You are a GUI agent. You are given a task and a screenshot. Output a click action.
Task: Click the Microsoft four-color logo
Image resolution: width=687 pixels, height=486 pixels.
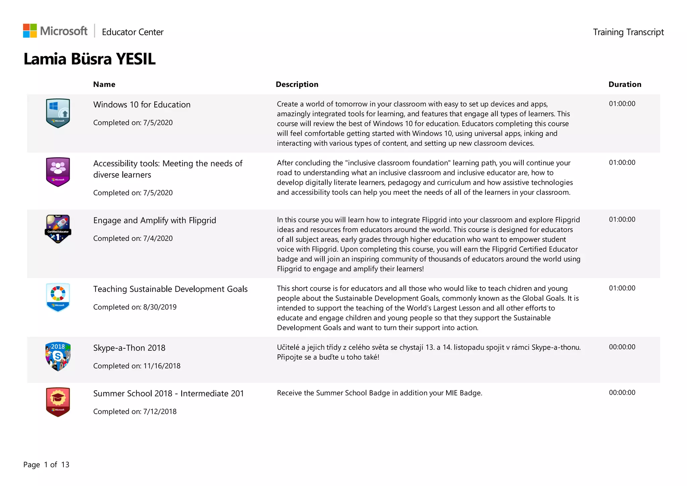click(30, 31)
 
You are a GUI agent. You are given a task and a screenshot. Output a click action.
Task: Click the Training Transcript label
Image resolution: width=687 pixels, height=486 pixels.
click(628, 32)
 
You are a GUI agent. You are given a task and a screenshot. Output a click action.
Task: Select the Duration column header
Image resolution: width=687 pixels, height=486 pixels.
click(625, 84)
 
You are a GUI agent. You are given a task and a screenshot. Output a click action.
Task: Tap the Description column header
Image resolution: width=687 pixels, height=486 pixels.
click(297, 84)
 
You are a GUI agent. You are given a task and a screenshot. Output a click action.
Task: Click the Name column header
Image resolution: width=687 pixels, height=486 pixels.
click(104, 84)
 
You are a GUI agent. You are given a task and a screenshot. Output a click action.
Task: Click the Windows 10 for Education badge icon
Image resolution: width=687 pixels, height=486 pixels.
click(58, 113)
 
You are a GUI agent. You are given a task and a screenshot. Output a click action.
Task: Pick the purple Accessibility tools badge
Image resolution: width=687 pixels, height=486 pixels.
click(58, 172)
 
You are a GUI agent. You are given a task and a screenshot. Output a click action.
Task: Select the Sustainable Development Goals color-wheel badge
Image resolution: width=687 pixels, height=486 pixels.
click(58, 297)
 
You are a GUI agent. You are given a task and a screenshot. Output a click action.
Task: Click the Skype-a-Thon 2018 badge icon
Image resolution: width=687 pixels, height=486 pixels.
click(58, 356)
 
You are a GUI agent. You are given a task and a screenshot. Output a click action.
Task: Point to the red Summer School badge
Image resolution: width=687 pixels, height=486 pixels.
click(58, 402)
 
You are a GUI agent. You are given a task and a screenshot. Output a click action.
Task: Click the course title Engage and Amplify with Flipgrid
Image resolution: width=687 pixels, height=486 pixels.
click(155, 220)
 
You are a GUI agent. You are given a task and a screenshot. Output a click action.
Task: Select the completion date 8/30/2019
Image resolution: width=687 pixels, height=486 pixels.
click(160, 307)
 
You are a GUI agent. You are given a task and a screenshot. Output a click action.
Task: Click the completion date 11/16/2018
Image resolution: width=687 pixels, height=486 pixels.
click(162, 366)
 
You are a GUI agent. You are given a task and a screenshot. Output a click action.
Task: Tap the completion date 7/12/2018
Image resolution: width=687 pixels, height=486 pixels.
click(160, 411)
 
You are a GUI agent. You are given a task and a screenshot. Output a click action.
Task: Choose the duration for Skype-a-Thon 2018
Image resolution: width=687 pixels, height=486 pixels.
click(622, 347)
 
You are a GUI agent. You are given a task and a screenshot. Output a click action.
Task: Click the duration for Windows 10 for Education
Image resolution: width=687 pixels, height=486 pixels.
click(622, 104)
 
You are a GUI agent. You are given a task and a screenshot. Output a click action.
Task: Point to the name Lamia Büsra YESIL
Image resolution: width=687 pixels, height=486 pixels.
click(90, 59)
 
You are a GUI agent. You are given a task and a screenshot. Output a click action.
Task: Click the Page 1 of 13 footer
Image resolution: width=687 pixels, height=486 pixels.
click(46, 465)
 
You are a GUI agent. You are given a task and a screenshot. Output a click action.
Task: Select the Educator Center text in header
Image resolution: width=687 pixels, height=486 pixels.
click(133, 32)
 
